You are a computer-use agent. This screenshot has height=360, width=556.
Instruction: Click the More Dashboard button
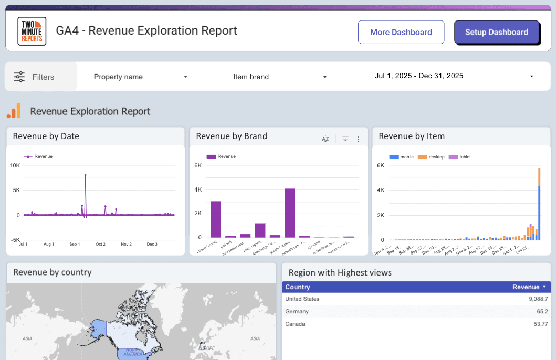[401, 32]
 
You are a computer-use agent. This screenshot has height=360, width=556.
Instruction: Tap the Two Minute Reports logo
[32, 31]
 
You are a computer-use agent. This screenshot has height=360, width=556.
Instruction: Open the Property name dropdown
[140, 77]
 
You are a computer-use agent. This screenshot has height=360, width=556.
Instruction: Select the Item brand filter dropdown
[279, 77]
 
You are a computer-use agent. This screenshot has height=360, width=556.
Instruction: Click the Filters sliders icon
[19, 77]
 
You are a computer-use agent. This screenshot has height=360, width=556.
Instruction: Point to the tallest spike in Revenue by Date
[85, 175]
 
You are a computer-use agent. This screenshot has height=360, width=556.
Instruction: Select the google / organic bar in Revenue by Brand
[290, 213]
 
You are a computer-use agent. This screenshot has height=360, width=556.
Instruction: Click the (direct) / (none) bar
[216, 219]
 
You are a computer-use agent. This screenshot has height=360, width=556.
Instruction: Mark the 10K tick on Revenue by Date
[15, 165]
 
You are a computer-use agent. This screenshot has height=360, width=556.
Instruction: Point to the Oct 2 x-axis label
[100, 244]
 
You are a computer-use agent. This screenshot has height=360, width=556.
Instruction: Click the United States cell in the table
[302, 299]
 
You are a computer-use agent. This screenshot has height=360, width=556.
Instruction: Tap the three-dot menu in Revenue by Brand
[359, 139]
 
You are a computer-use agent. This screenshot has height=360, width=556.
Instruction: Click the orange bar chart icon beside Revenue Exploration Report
[14, 111]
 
